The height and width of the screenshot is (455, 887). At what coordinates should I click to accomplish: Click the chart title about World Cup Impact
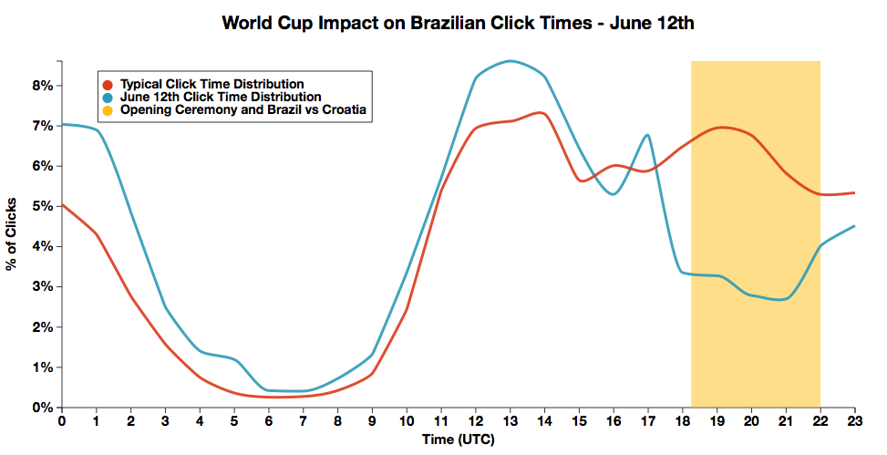click(x=459, y=24)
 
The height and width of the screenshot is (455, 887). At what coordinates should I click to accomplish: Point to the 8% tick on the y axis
click(x=43, y=86)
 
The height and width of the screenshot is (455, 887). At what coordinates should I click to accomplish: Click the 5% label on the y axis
click(x=43, y=206)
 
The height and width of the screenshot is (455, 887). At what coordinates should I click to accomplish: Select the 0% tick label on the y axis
click(x=43, y=408)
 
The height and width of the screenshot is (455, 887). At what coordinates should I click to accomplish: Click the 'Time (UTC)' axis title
click(x=458, y=440)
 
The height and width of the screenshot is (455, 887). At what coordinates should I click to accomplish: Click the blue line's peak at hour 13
click(x=511, y=61)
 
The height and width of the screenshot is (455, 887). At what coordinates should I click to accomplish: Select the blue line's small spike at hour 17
click(x=647, y=135)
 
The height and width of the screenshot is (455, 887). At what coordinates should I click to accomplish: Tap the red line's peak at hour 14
click(x=543, y=113)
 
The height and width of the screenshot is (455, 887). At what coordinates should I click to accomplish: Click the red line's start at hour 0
click(x=62, y=205)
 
